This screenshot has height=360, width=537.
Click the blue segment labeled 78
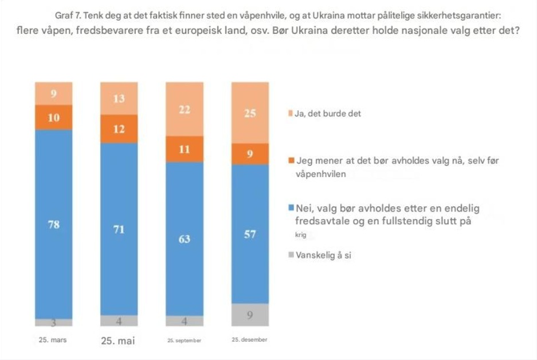coord(54,224)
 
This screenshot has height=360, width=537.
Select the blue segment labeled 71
coord(119,229)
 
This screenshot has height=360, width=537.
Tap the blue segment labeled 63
coord(185,238)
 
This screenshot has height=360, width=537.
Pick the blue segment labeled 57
coord(250,233)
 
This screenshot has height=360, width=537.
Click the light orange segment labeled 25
coord(250,113)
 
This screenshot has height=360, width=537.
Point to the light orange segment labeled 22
coord(185,109)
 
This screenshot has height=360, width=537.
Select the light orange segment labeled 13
coord(119,99)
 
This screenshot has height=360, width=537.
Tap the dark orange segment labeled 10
coord(54,118)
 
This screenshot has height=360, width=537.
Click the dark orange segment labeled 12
coord(119,129)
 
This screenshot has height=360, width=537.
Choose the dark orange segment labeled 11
coord(185,149)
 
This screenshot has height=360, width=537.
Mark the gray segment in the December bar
coord(250,314)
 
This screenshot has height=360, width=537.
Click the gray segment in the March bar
coord(54,322)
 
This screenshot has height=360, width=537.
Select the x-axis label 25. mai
coord(118,341)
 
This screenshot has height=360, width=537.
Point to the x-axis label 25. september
coord(184,340)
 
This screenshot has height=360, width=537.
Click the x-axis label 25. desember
coord(249,339)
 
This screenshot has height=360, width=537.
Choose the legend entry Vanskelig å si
coord(323,255)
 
